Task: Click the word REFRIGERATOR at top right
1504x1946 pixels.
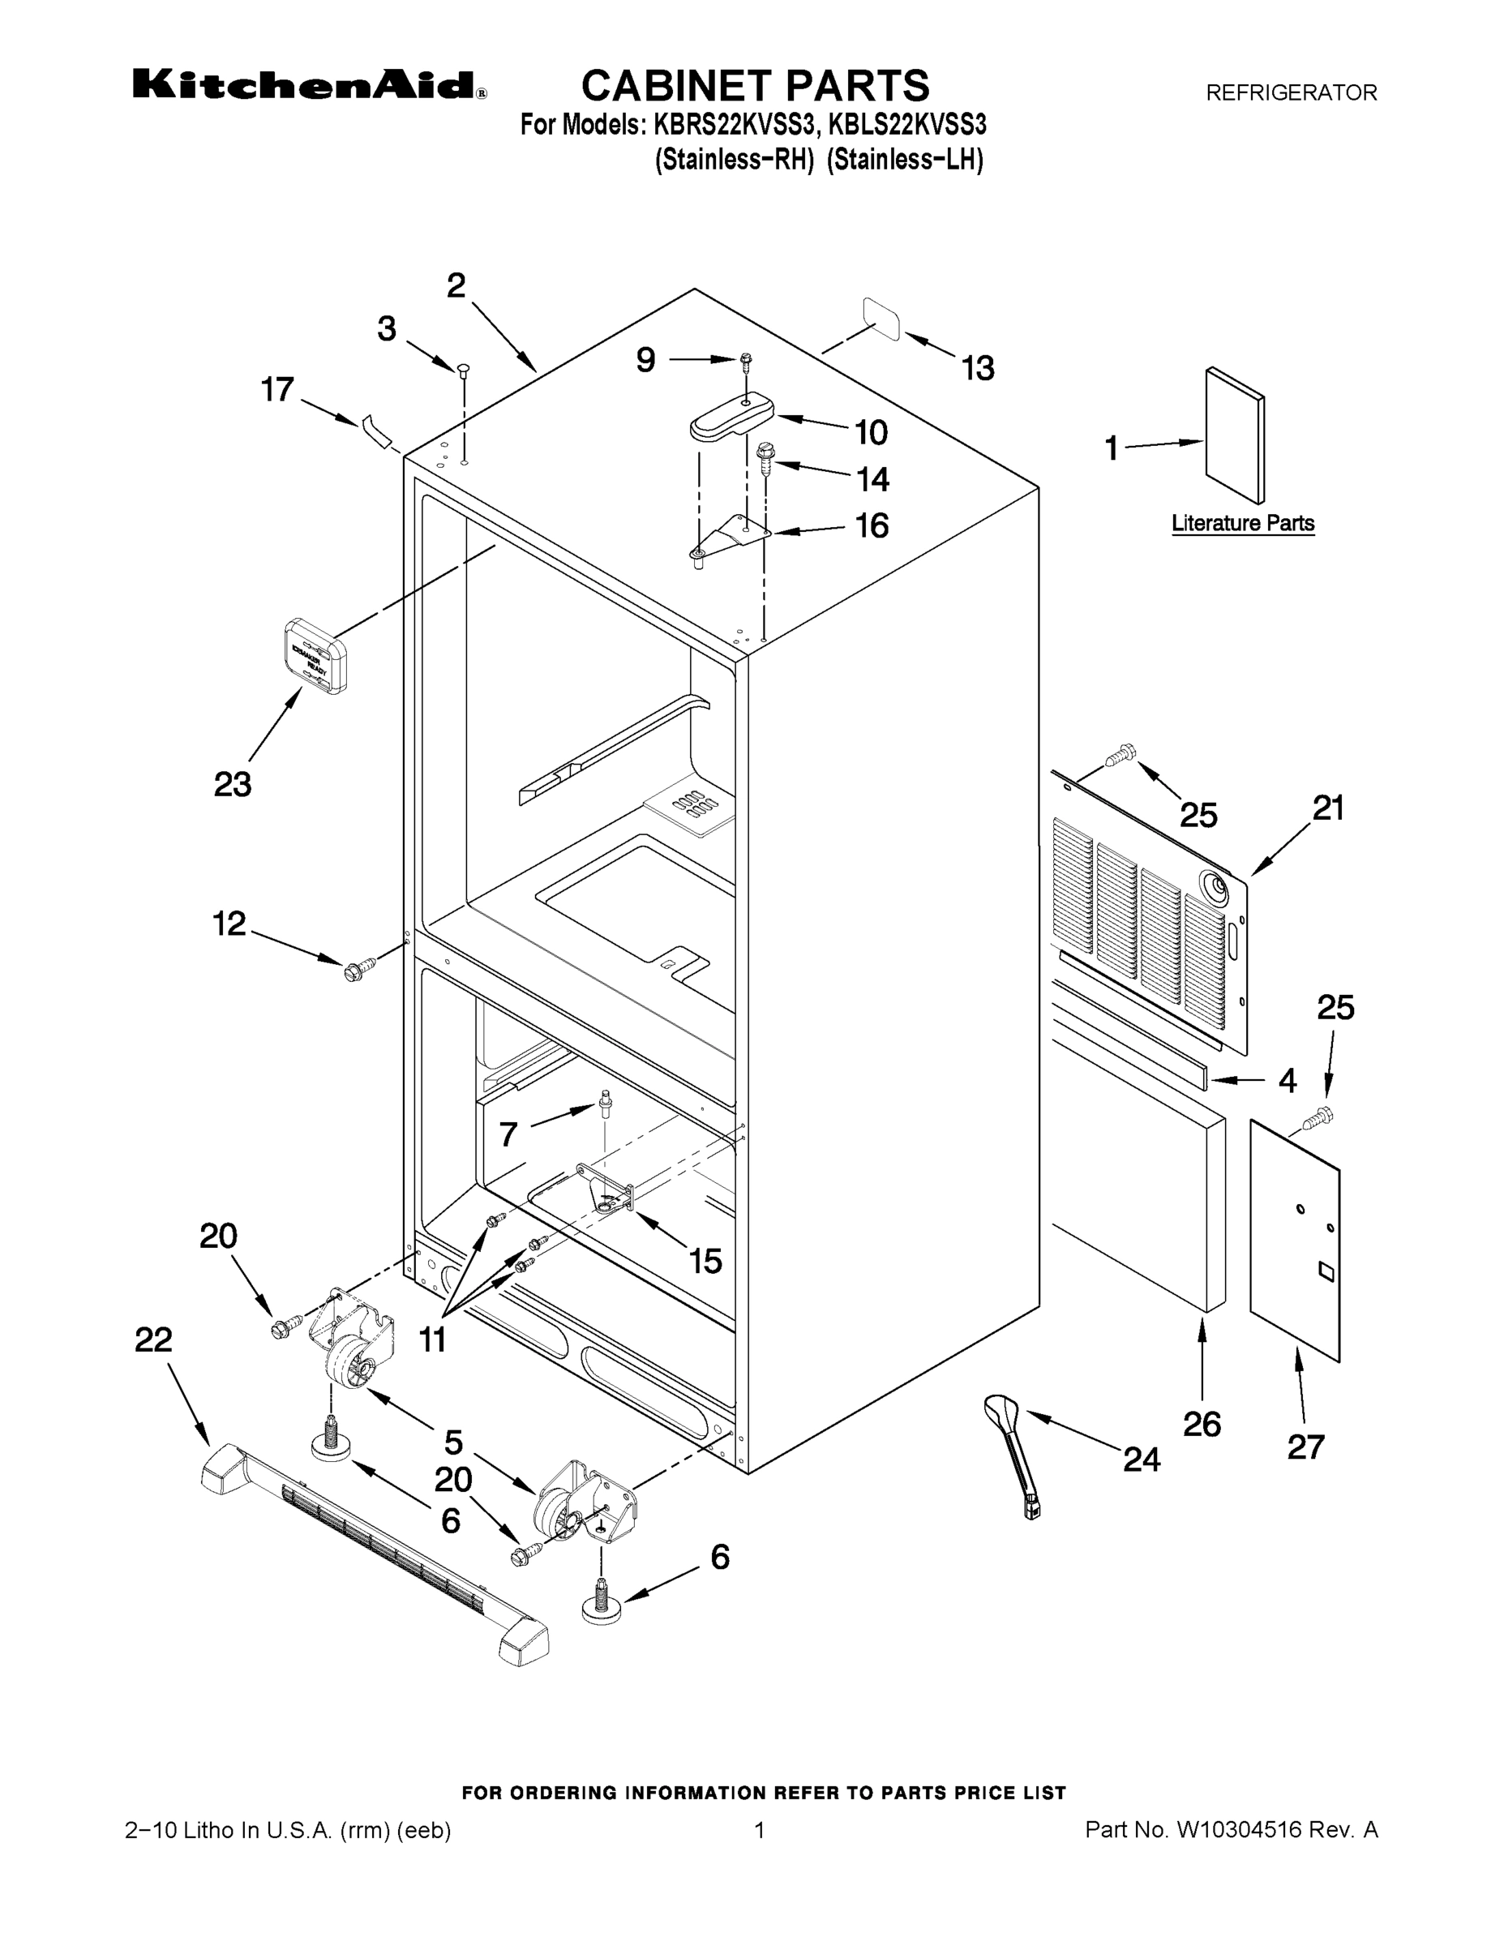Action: [x=1291, y=92]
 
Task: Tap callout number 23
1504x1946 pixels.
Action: [x=233, y=785]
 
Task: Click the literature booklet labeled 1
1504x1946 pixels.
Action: [x=1234, y=435]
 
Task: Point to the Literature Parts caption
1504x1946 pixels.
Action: [x=1242, y=524]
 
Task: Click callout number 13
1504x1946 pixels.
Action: [x=978, y=368]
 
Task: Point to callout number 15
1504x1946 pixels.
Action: [x=705, y=1261]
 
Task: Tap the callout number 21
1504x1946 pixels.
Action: [x=1327, y=808]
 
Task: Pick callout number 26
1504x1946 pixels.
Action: [x=1201, y=1424]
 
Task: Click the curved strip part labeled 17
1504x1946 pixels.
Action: [x=378, y=431]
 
